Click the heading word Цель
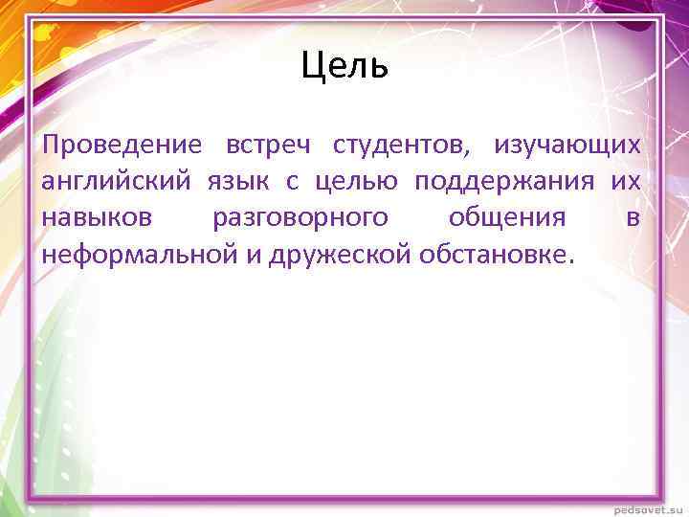(x=344, y=66)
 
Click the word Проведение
(x=122, y=146)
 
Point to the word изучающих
(x=567, y=146)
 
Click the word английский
(x=108, y=182)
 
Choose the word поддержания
(x=504, y=182)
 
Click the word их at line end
(x=626, y=182)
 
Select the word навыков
(x=97, y=218)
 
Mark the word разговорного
(x=300, y=218)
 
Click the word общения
(x=506, y=218)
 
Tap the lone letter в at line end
(x=633, y=218)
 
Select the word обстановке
(x=491, y=255)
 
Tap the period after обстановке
(x=572, y=260)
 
